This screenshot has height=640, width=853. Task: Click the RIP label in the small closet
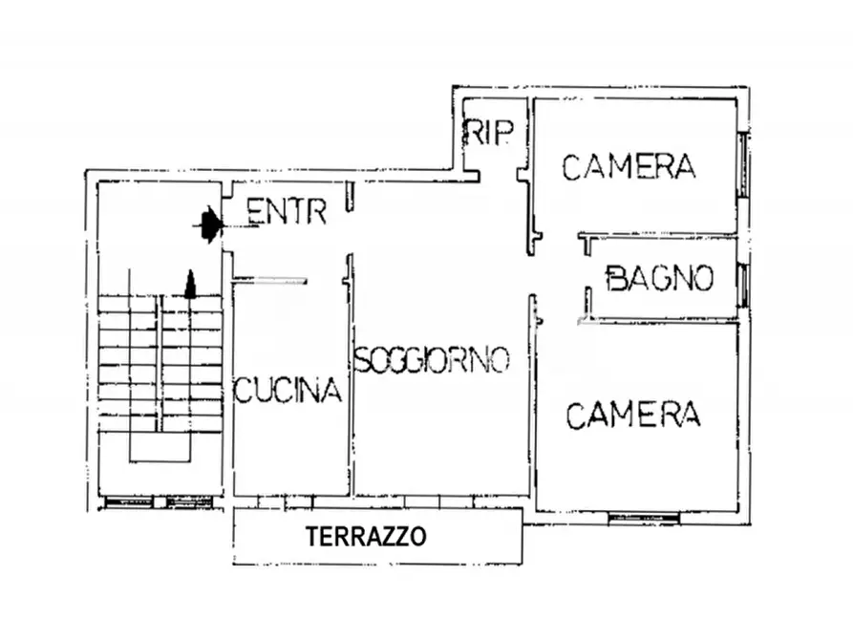(x=487, y=133)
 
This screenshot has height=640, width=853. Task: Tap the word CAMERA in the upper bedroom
(x=629, y=166)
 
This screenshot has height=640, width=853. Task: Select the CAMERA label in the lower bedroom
(x=633, y=415)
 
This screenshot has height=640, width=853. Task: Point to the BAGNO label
(x=660, y=279)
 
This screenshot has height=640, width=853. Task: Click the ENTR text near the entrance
(x=286, y=212)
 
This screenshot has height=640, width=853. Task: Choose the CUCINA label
(x=288, y=391)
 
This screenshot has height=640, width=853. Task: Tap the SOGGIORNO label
(x=432, y=360)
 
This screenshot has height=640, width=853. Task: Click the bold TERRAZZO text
(x=366, y=537)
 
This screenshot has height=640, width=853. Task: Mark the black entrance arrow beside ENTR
(x=209, y=224)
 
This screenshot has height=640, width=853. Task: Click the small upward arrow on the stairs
(x=190, y=285)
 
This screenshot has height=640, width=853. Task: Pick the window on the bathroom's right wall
(x=743, y=279)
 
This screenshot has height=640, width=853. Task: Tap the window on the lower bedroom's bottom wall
(x=643, y=517)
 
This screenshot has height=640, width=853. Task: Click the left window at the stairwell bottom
(x=128, y=501)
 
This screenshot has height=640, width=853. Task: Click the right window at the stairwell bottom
(x=190, y=501)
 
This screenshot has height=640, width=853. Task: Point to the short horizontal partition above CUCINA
(x=270, y=281)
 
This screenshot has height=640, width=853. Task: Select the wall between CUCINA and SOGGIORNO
(x=350, y=382)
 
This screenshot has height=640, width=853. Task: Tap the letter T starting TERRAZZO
(x=312, y=537)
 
